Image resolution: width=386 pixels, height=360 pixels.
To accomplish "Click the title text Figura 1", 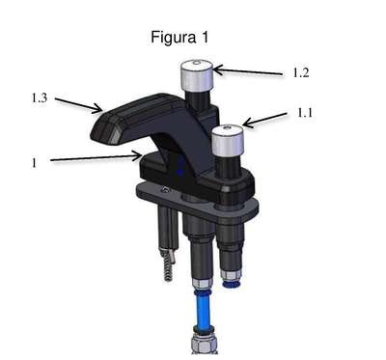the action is (x=179, y=38).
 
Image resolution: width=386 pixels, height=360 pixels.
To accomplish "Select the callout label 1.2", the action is (x=301, y=73).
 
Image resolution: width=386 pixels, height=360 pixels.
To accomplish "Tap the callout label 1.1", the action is (x=304, y=113).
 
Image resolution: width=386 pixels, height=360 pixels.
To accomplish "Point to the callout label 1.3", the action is (x=40, y=97).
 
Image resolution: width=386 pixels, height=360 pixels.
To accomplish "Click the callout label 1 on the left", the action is (x=35, y=163).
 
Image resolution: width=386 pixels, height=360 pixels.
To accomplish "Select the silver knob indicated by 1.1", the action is (x=228, y=140).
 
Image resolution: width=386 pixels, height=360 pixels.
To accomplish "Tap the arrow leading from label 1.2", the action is (x=248, y=71).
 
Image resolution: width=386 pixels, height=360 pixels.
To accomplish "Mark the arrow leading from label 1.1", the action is (x=264, y=120).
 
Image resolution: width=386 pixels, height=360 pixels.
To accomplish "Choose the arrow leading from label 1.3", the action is (x=79, y=105).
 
